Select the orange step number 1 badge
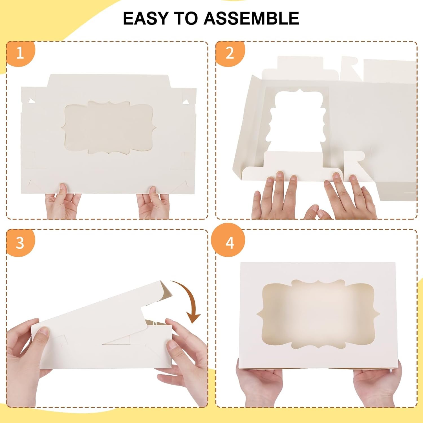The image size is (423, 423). pos(20,53)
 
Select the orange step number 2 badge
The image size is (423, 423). pos(230,53)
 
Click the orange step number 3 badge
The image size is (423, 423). pos(20,243)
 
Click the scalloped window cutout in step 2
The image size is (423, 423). pos(296,118)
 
